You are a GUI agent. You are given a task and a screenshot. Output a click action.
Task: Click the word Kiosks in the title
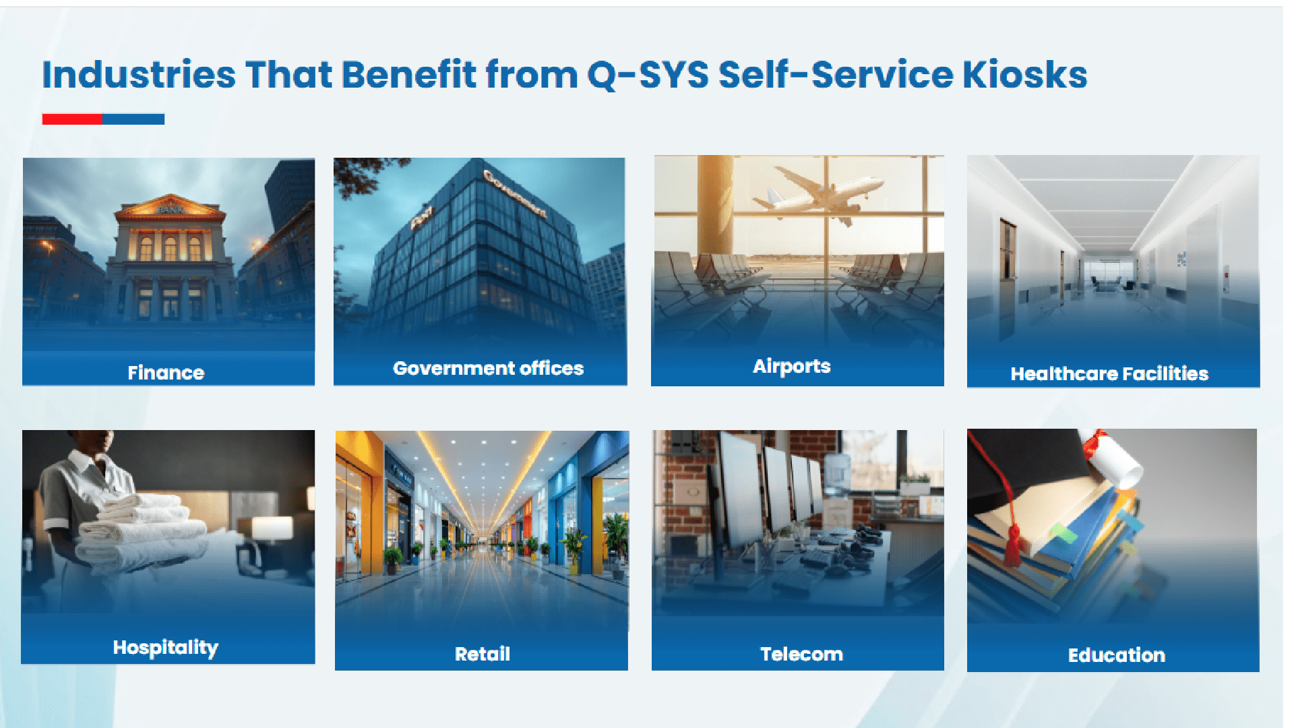[1024, 75]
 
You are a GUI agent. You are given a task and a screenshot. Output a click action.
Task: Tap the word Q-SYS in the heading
[647, 75]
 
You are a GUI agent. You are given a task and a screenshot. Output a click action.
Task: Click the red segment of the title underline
[72, 119]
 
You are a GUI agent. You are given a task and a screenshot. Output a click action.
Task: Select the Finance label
[166, 373]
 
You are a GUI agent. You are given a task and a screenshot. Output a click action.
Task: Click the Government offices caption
[488, 368]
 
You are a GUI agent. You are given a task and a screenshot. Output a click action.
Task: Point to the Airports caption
[791, 366]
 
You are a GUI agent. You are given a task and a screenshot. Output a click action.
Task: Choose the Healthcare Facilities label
[1109, 373]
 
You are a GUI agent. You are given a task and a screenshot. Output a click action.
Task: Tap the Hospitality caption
[166, 647]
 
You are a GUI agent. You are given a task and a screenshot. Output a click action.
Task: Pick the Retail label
[483, 654]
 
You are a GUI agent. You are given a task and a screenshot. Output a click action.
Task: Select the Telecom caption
[801, 654]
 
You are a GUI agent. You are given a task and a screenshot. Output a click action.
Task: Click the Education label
[1116, 655]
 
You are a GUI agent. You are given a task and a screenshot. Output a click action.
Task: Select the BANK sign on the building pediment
[170, 209]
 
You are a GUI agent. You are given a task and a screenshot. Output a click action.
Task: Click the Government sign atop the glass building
[515, 193]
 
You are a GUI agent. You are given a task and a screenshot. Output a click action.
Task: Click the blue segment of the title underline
[133, 119]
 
